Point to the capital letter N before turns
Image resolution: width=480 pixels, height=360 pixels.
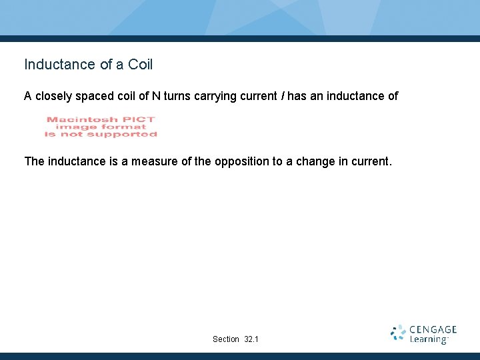click(155, 96)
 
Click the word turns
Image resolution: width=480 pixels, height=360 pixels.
click(176, 96)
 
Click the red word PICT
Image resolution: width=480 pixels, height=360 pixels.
click(139, 120)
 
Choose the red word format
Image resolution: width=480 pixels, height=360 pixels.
click(123, 127)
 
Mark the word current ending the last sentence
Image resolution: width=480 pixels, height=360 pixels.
click(369, 161)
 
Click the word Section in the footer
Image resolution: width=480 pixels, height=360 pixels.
click(226, 339)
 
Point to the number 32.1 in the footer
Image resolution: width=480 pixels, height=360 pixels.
click(251, 339)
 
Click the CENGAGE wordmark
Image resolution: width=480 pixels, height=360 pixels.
click(433, 330)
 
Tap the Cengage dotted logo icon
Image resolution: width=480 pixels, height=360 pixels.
click(398, 333)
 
